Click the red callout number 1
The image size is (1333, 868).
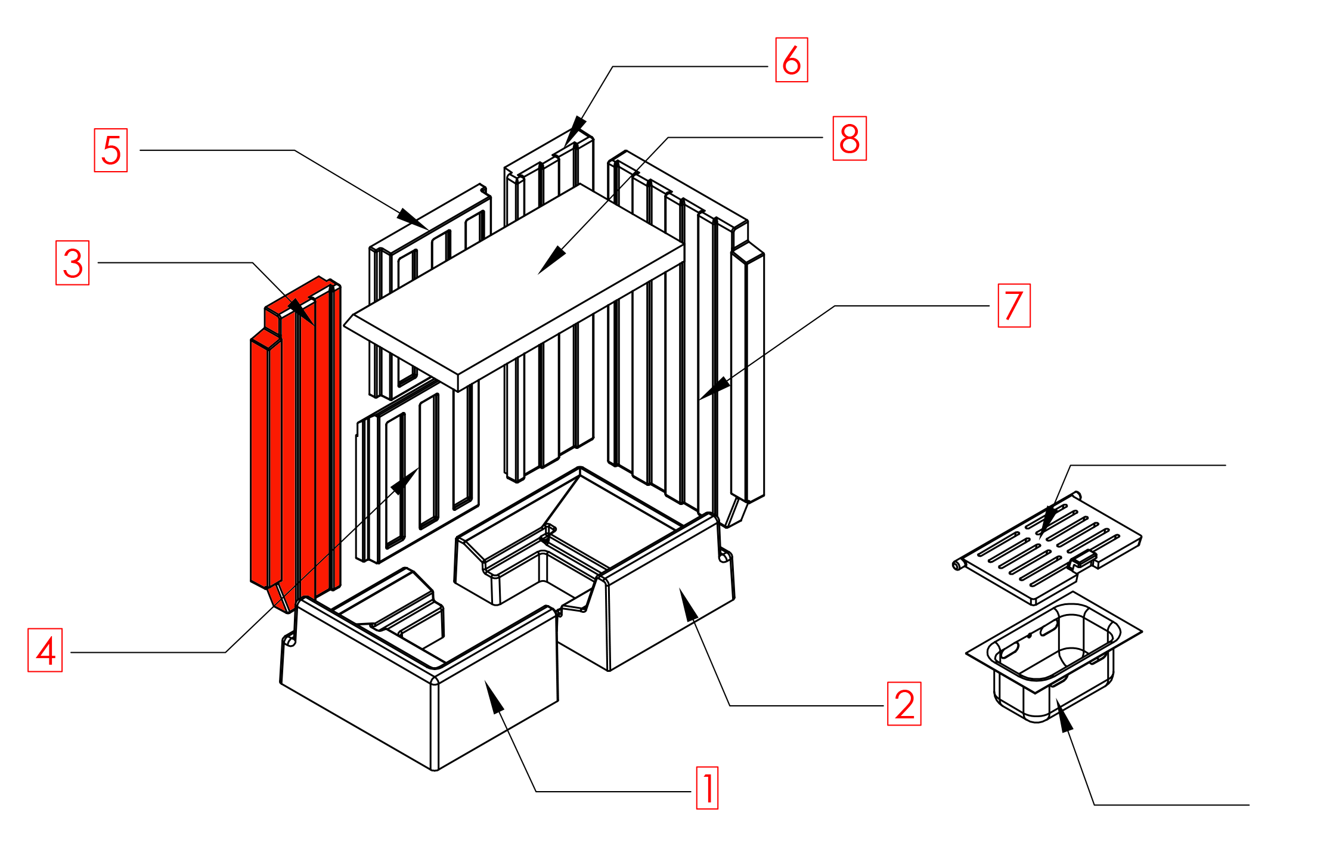[707, 788]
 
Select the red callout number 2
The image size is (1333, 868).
[904, 703]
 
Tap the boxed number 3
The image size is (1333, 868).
[73, 263]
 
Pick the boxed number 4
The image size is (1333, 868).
[45, 650]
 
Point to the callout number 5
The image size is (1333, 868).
[111, 150]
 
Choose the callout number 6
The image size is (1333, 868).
[791, 60]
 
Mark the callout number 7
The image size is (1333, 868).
[1013, 305]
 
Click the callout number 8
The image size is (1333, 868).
[849, 138]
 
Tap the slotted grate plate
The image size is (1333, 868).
[1049, 545]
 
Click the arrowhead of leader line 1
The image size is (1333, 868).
[493, 695]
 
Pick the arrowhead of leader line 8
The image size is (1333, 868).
[550, 262]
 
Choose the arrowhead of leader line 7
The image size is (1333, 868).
[713, 389]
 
